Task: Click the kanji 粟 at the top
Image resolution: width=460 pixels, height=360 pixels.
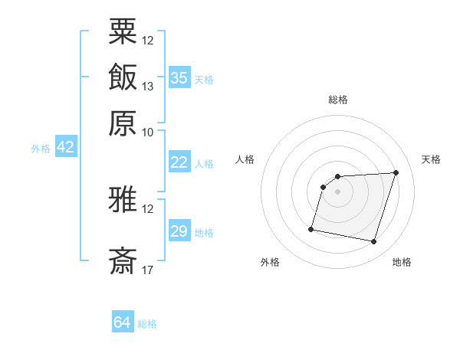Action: tap(123, 31)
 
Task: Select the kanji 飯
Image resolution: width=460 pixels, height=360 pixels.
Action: tap(123, 77)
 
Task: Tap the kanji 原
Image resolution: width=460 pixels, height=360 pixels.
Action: tap(123, 123)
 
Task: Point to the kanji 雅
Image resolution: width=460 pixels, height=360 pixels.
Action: tap(123, 201)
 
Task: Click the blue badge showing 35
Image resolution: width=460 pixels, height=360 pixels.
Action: tap(179, 78)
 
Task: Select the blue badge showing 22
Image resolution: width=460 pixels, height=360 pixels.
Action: tap(179, 162)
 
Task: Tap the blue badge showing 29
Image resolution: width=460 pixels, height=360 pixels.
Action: tap(179, 231)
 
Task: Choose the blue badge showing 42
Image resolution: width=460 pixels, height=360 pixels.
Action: tap(65, 148)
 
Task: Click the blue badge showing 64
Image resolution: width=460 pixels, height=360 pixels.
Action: tap(122, 322)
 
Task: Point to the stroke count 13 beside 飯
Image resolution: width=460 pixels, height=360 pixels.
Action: tap(148, 87)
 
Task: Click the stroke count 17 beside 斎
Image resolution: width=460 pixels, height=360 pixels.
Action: tap(148, 270)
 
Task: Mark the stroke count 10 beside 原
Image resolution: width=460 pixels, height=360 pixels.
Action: tap(148, 132)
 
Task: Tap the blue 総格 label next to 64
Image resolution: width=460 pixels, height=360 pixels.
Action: tap(147, 324)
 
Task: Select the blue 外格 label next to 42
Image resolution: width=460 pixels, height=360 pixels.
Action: tap(41, 149)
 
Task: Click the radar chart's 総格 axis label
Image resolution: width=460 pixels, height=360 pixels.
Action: tap(338, 100)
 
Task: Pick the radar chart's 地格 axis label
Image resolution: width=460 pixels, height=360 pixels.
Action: tap(402, 263)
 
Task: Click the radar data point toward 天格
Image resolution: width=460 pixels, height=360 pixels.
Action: tap(396, 172)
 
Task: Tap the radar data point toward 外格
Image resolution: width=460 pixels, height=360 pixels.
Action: tap(311, 228)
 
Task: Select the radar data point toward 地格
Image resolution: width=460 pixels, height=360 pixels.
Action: tap(373, 242)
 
